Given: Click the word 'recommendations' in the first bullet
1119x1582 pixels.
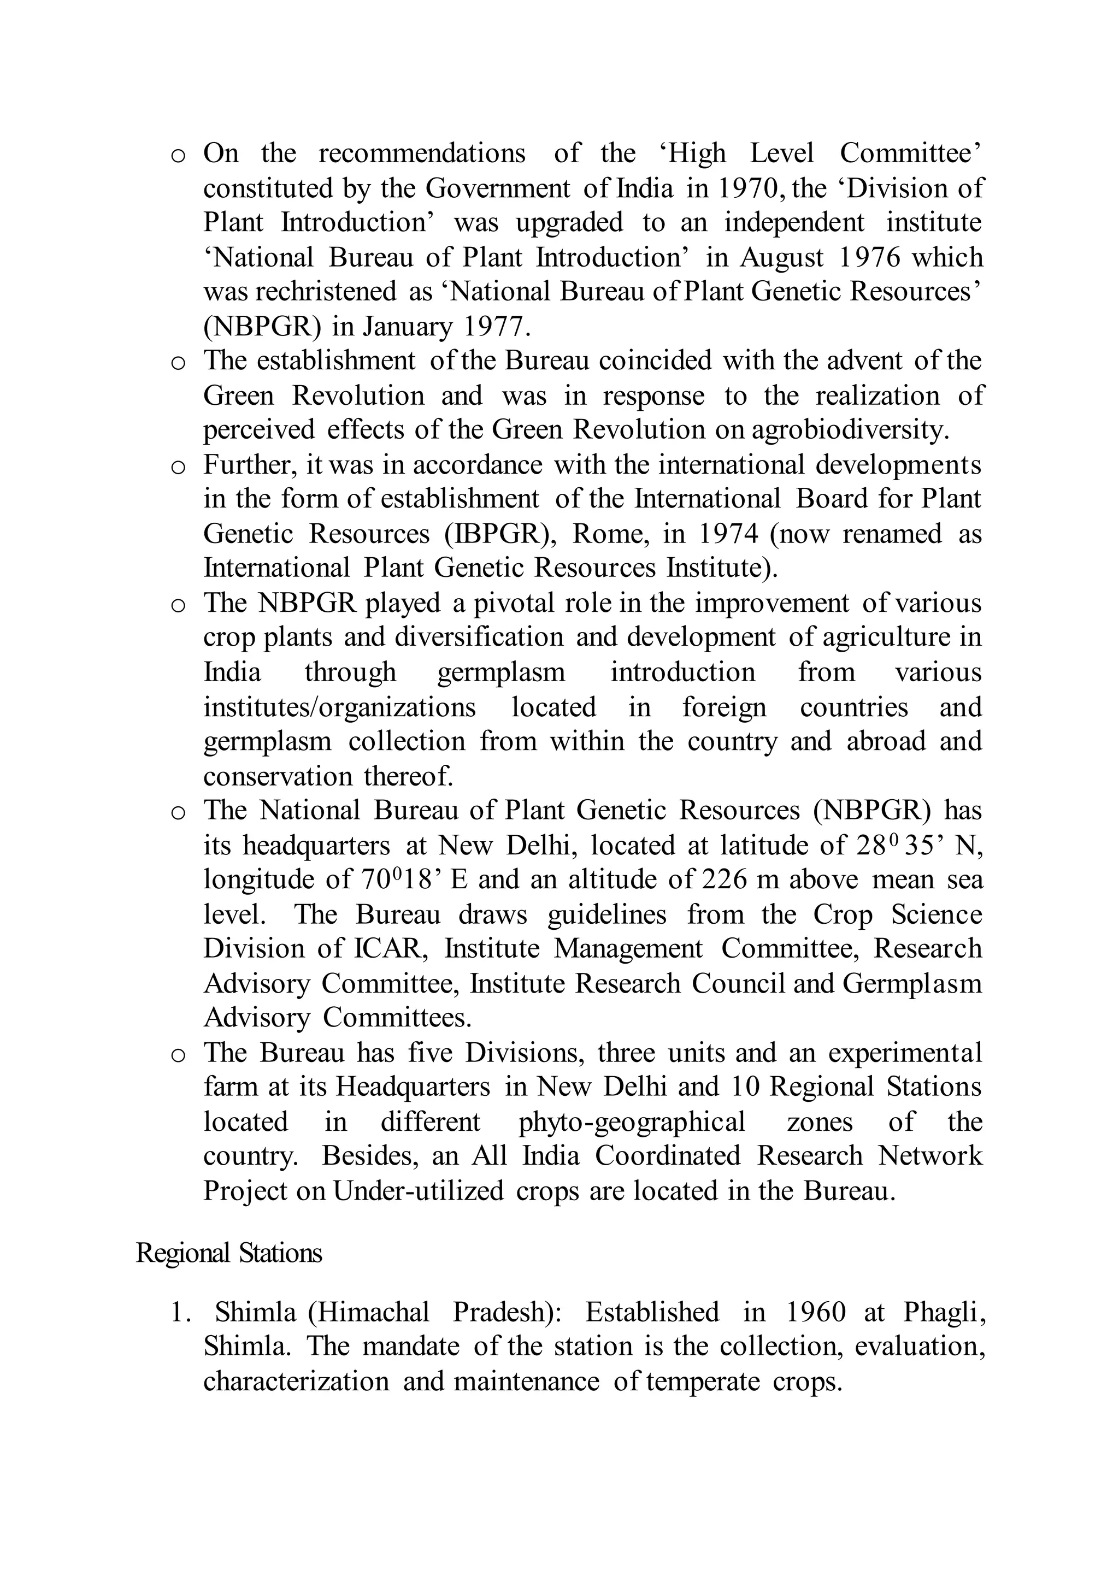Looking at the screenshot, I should tap(422, 153).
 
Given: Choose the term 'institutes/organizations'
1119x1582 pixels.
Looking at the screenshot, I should tap(339, 707).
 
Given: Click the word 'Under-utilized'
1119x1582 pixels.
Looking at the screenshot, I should tap(418, 1191).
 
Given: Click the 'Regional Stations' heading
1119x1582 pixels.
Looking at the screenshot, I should tap(229, 1253).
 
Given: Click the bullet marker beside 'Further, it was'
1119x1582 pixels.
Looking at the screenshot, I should tap(178, 468).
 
